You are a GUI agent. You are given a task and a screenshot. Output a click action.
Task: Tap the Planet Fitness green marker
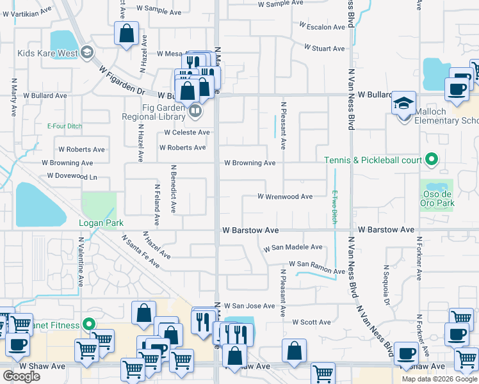click(x=90, y=324)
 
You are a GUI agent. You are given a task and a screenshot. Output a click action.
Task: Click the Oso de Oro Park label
click(x=438, y=198)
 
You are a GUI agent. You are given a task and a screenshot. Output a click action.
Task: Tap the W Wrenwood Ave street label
click(x=285, y=196)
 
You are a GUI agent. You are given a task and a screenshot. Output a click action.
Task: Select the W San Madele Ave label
click(x=293, y=247)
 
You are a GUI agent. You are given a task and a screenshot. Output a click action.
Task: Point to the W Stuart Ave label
click(x=325, y=48)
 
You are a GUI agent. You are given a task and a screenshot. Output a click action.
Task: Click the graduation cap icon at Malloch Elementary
click(x=404, y=103)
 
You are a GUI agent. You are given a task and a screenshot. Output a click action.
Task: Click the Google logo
click(x=21, y=376)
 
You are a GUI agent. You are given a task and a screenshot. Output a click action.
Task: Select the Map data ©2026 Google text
click(x=439, y=379)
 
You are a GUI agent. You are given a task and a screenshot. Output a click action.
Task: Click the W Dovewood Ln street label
click(x=72, y=176)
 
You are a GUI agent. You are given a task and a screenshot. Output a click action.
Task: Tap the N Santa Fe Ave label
click(x=140, y=250)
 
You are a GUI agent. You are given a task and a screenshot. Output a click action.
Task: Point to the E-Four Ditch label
click(x=65, y=126)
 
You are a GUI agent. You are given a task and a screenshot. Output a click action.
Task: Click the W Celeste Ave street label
click(x=187, y=132)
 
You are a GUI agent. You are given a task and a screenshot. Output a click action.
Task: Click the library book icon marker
click(x=196, y=111)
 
